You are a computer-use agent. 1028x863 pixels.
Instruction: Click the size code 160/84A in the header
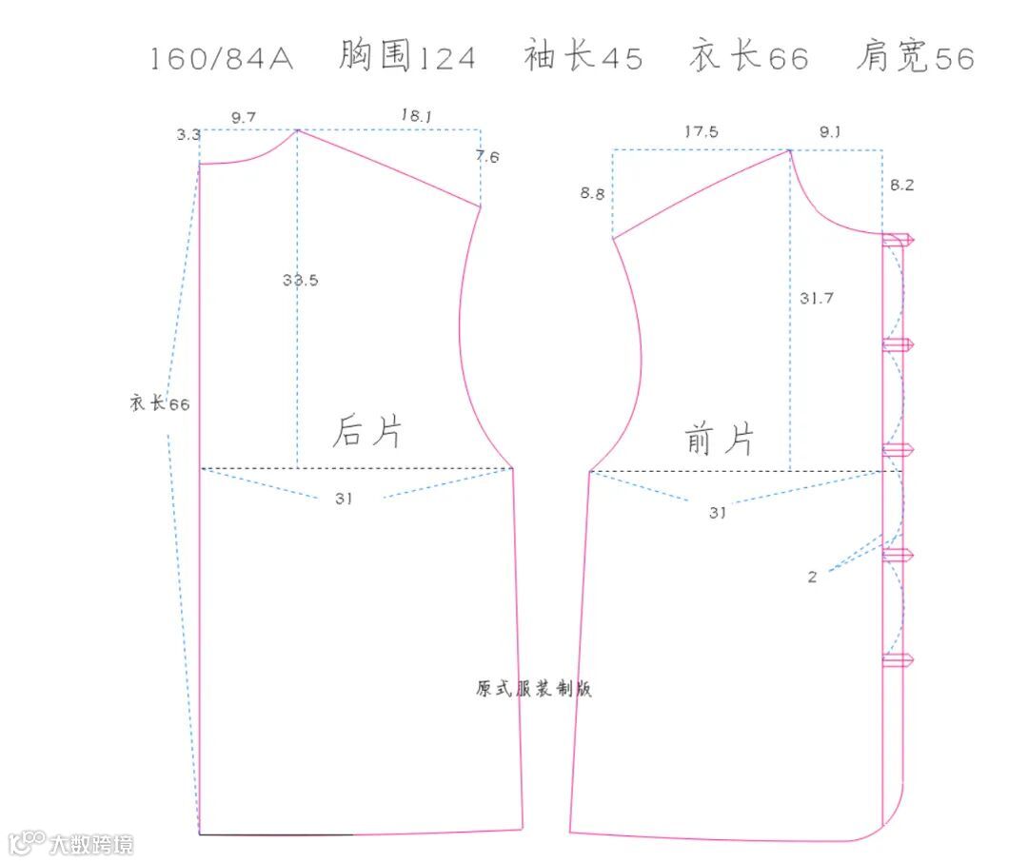point(222,59)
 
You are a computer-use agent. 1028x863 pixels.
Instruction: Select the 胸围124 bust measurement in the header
point(406,57)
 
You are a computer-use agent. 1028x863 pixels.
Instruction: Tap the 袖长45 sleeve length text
point(583,57)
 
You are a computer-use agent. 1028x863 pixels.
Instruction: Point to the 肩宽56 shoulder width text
point(915,57)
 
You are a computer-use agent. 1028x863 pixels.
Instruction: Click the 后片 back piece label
point(367,432)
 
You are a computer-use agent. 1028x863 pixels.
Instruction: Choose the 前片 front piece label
point(720,440)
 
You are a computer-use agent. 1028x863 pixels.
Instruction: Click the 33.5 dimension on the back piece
point(300,281)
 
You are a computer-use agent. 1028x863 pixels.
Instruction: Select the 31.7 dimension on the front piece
point(816,298)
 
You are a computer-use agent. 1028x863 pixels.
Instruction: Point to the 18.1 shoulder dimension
point(416,115)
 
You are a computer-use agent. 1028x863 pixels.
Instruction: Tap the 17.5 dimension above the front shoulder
point(702,132)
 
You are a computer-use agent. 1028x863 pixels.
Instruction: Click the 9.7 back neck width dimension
point(244,117)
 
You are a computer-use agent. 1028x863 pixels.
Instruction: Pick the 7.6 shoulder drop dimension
point(487,157)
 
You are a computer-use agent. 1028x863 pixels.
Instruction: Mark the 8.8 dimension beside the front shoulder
point(592,194)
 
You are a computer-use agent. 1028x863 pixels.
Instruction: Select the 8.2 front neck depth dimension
point(901,186)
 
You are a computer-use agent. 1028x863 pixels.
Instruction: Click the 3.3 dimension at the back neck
point(188,135)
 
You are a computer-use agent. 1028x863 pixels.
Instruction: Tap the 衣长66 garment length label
point(160,403)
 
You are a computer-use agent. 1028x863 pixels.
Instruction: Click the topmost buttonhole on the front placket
point(899,240)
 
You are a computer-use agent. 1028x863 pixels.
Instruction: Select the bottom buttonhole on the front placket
point(899,659)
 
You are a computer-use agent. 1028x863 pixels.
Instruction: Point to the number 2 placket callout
point(812,577)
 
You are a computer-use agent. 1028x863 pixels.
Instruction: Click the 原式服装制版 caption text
point(534,689)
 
